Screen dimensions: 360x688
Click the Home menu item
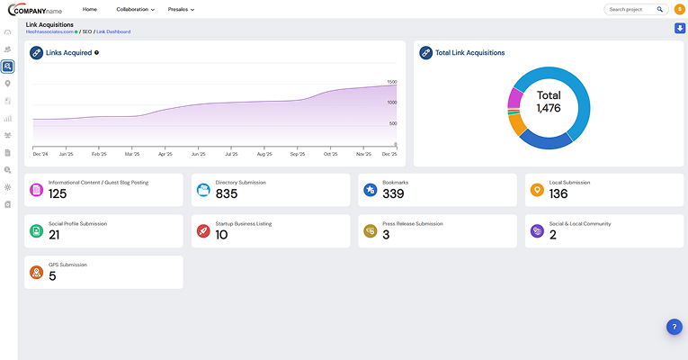coord(90,9)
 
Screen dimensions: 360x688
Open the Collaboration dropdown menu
coord(135,9)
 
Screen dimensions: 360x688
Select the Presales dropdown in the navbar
coord(181,9)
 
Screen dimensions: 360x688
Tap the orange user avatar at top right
coord(679,9)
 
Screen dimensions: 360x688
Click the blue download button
coord(679,28)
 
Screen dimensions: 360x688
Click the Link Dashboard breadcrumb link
coord(113,31)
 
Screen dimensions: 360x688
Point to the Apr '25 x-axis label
coord(165,154)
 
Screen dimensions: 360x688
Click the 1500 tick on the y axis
coord(392,82)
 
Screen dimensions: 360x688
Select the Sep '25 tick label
coord(298,154)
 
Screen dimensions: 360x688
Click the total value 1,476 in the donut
coord(549,108)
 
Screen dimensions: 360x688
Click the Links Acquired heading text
coord(67,52)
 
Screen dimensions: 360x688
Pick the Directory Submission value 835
coord(227,193)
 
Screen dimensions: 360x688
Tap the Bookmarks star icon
coord(370,190)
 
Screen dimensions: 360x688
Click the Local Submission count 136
coord(558,193)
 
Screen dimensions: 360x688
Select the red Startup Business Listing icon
coord(203,231)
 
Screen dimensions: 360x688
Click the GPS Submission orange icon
coord(36,272)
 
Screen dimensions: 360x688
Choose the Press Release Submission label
coord(412,223)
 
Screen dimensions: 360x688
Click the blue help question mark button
coord(675,327)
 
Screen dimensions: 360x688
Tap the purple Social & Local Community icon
coord(537,231)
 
